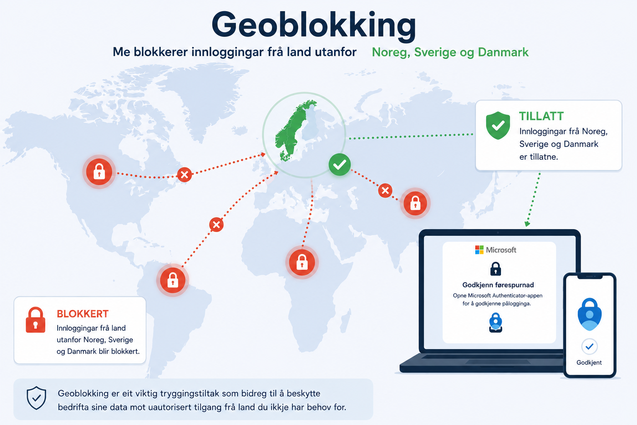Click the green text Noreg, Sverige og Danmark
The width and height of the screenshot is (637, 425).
click(x=450, y=52)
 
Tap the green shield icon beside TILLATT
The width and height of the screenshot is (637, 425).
click(x=498, y=125)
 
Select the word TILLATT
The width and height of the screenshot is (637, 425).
click(x=541, y=116)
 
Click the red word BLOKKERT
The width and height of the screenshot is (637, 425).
click(x=83, y=314)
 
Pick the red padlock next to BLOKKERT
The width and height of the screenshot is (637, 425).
click(x=36, y=320)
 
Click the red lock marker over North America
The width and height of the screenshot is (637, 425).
click(x=99, y=172)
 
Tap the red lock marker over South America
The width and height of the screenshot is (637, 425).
click(x=173, y=280)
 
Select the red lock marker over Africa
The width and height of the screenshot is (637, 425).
click(x=302, y=262)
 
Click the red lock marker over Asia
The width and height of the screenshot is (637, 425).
click(x=415, y=203)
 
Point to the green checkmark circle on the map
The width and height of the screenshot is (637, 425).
click(x=340, y=164)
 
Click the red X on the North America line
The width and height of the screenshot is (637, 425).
click(x=184, y=174)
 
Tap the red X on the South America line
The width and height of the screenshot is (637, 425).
click(x=216, y=225)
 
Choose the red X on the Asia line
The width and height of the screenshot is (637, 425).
click(x=385, y=191)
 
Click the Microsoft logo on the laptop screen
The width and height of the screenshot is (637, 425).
click(x=479, y=250)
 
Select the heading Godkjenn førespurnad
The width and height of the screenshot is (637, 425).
click(x=498, y=285)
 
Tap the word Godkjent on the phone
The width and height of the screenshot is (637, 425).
click(x=589, y=362)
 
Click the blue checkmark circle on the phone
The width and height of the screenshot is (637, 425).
click(x=589, y=347)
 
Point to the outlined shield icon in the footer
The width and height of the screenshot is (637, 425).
click(x=36, y=398)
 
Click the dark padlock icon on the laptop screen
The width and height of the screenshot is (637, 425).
click(x=496, y=269)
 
